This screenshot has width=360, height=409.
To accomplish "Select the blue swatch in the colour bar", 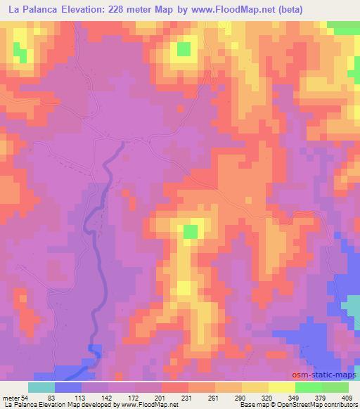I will coord(67,387).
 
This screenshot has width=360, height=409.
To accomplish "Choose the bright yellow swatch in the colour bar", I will coord(282,387).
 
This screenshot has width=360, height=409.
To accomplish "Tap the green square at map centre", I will coord(191,231).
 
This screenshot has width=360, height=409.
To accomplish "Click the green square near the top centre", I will coord(183,48).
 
